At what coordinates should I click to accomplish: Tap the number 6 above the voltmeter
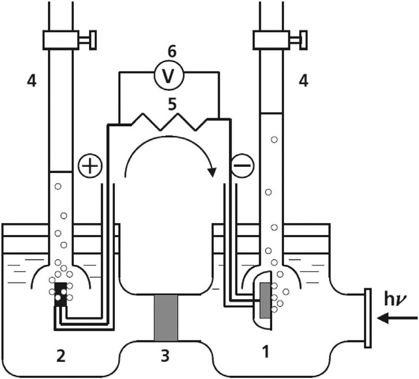coord(172,51)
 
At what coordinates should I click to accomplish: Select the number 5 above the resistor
coord(172,104)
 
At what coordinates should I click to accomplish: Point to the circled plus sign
coord(90,166)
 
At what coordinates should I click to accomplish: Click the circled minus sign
coord(242,166)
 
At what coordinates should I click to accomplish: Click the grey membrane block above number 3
coord(166,317)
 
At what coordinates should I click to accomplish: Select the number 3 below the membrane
coord(165,356)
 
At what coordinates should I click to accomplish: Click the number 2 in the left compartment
coord(61,356)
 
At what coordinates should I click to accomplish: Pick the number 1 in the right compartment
coord(265,351)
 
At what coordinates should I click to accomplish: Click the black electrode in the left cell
coord(60,295)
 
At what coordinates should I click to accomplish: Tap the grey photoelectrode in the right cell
coord(265,300)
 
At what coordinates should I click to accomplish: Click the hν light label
coord(396,300)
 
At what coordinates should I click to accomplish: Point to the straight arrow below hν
coord(397,318)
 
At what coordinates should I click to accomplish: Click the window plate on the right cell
coord(368,318)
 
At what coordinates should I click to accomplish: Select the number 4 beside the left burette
coord(32,81)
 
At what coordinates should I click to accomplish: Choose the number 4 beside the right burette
coord(303,81)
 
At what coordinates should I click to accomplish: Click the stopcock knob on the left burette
coord(93,40)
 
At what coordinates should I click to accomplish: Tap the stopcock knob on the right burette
coord(304,40)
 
